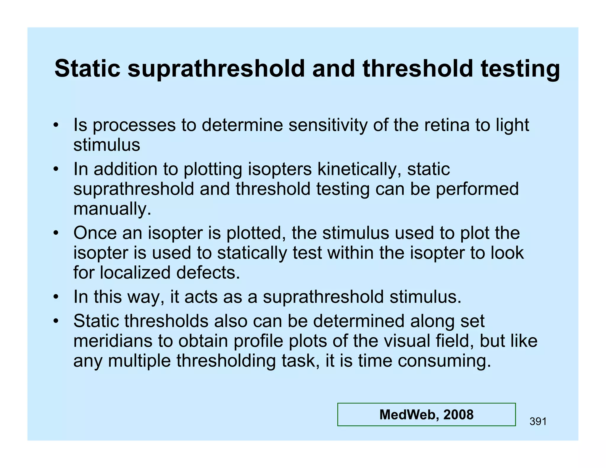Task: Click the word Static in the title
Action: (x=87, y=69)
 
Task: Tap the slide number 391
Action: (x=538, y=421)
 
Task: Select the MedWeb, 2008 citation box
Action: (x=426, y=414)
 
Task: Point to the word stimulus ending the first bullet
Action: (x=107, y=145)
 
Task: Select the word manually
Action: (x=112, y=209)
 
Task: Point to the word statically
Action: (x=252, y=253)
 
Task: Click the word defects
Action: (x=208, y=273)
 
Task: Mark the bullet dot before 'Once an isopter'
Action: (x=56, y=233)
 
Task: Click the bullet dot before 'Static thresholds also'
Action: (x=56, y=321)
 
